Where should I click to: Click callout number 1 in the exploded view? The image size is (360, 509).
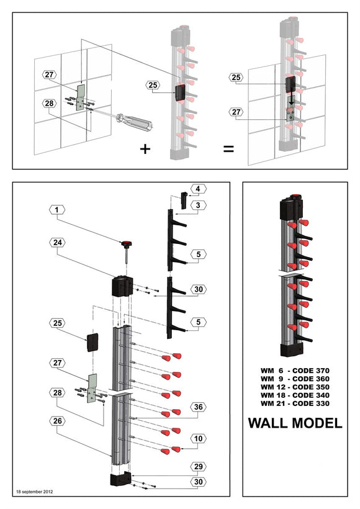(x=56, y=210)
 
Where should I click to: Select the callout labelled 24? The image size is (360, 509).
(x=56, y=243)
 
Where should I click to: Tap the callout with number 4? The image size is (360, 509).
(x=197, y=188)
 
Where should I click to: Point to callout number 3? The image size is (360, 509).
(x=197, y=204)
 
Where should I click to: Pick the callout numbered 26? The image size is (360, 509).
(x=56, y=420)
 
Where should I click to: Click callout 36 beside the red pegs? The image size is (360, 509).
(x=197, y=407)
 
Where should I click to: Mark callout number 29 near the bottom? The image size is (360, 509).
(x=197, y=466)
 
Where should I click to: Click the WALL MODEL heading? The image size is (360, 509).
(x=295, y=423)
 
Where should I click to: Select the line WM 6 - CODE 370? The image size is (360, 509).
(x=295, y=371)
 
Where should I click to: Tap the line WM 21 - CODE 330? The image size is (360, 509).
(x=295, y=403)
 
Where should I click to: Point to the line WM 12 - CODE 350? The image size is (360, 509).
(x=295, y=387)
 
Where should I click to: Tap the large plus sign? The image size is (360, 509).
(x=145, y=150)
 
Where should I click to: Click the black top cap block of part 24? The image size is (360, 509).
(x=122, y=287)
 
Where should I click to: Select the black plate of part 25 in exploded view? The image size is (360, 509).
(x=93, y=342)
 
